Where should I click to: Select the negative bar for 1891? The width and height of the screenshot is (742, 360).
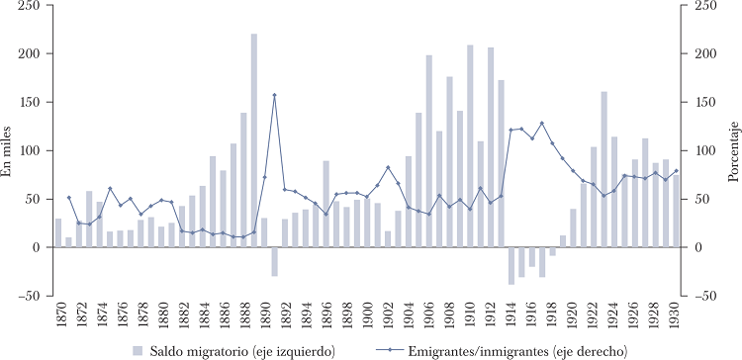tap(274, 262)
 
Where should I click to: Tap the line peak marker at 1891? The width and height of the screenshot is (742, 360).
tap(274, 95)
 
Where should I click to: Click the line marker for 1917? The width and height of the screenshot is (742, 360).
tap(542, 124)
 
